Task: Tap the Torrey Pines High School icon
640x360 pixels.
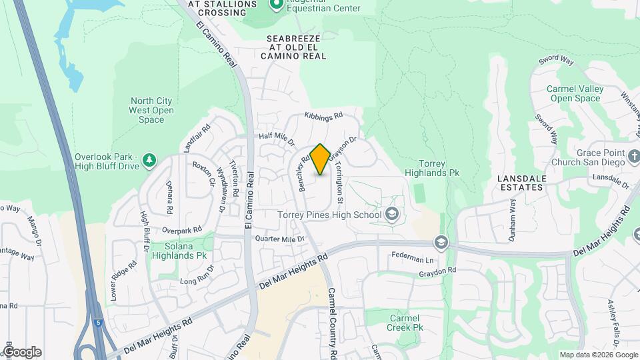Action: (x=391, y=214)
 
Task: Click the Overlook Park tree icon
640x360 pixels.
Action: (x=150, y=159)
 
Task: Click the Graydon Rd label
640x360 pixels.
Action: (x=437, y=271)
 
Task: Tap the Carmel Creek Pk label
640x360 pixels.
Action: (x=405, y=323)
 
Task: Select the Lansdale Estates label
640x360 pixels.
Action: (x=521, y=183)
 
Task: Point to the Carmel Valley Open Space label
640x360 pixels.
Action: (x=575, y=93)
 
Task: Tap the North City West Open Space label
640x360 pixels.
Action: (x=151, y=111)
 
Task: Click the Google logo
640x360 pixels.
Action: (x=22, y=352)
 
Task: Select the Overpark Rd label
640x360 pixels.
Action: (x=181, y=231)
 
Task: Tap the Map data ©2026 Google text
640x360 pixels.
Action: (x=597, y=355)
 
